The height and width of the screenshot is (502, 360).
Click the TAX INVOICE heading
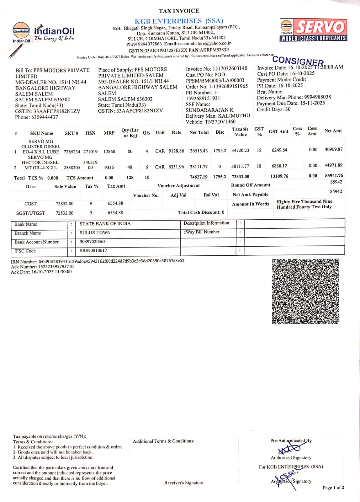[179, 11]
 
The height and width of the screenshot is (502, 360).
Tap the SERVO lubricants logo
[313, 30]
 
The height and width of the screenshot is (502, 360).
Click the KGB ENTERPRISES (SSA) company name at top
[179, 21]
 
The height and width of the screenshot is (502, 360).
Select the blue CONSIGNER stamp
[298, 61]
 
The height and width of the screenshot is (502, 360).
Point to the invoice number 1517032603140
[230, 68]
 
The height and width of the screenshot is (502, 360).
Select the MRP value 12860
[109, 152]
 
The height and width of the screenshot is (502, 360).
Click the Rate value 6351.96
[176, 167]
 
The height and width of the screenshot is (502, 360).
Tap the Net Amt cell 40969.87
[333, 149]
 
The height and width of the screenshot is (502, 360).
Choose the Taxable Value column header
[241, 132]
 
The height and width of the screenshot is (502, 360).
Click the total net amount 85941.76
[334, 176]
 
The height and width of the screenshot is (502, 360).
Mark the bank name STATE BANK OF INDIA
[105, 224]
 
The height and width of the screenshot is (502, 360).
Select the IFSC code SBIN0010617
[93, 250]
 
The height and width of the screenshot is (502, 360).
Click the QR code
[305, 291]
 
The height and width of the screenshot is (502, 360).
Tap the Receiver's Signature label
[184, 483]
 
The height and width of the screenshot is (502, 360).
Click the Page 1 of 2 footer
[333, 488]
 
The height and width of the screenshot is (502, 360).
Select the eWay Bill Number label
[201, 232]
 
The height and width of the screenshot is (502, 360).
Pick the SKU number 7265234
[72, 152]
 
